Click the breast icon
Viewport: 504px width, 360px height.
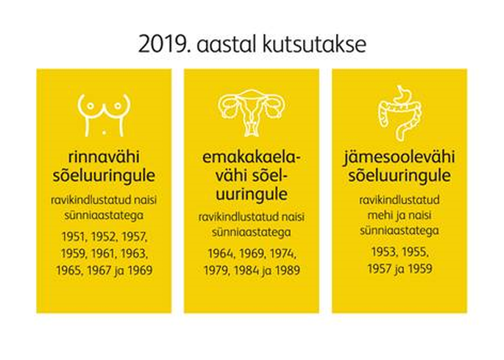point(104,115)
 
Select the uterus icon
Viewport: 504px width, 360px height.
point(252,113)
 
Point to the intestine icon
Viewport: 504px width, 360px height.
point(400,113)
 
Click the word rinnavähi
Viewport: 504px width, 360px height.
point(104,157)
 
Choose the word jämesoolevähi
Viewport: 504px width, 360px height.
point(399,158)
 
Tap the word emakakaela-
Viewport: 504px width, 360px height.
point(252,158)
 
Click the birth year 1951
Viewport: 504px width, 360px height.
point(74,237)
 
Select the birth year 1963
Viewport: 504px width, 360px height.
point(134,253)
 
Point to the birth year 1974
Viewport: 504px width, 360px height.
point(283,253)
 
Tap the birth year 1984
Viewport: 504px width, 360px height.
point(246,270)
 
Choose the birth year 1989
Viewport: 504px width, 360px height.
point(287,270)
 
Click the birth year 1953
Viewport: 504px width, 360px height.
point(384,252)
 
